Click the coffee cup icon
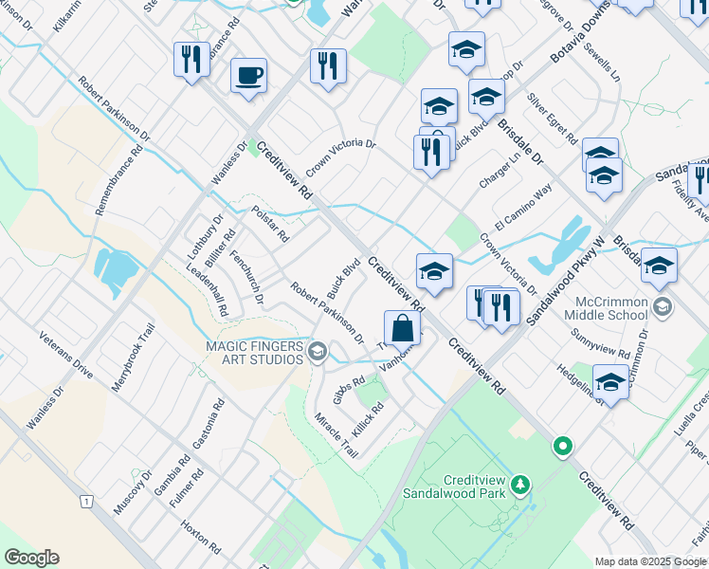click(248, 75)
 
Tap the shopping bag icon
click(403, 329)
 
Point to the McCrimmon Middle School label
click(610, 308)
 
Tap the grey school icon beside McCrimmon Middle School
click(663, 307)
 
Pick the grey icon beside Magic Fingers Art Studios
click(317, 352)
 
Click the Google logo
click(31, 558)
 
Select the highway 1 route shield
click(87, 500)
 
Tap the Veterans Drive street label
click(65, 355)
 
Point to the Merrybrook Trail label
click(133, 352)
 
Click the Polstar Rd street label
click(270, 224)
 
